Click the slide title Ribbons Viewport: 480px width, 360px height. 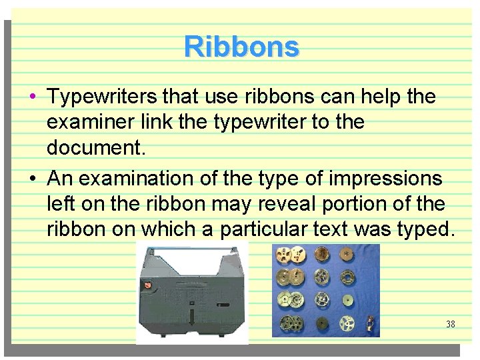242,47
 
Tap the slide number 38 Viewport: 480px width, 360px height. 451,325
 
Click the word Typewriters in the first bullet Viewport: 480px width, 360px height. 103,97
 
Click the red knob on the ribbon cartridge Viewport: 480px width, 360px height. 147,284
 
